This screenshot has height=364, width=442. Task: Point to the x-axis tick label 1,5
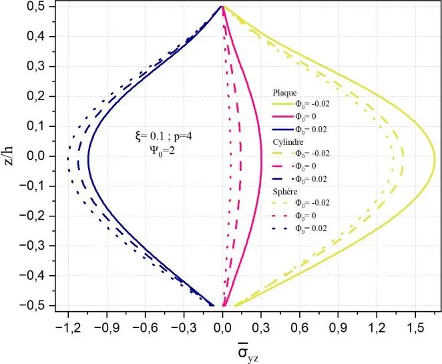click(415, 329)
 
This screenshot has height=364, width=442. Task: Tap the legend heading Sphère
click(286, 191)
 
